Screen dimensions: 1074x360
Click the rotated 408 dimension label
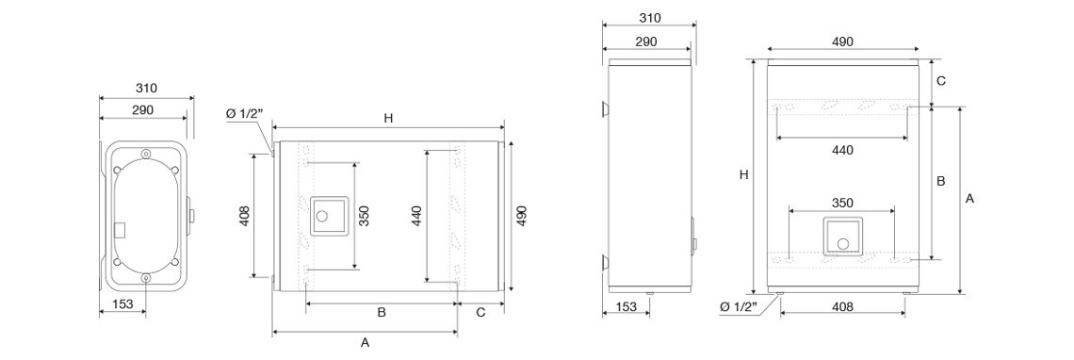pyautogui.click(x=246, y=216)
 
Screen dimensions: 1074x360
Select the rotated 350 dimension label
pyautogui.click(x=366, y=216)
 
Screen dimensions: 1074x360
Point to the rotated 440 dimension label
pyautogui.click(x=418, y=216)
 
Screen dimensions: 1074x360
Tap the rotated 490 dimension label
pyautogui.click(x=521, y=216)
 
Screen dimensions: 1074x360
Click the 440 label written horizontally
pyautogui.click(x=842, y=151)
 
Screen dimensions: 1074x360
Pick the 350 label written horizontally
pyautogui.click(x=842, y=203)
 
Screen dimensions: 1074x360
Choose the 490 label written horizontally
pyautogui.click(x=842, y=41)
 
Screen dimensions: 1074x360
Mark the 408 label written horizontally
pyautogui.click(x=842, y=307)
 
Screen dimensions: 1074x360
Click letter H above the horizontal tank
pyautogui.click(x=388, y=118)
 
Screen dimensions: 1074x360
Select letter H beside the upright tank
pyautogui.click(x=744, y=175)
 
